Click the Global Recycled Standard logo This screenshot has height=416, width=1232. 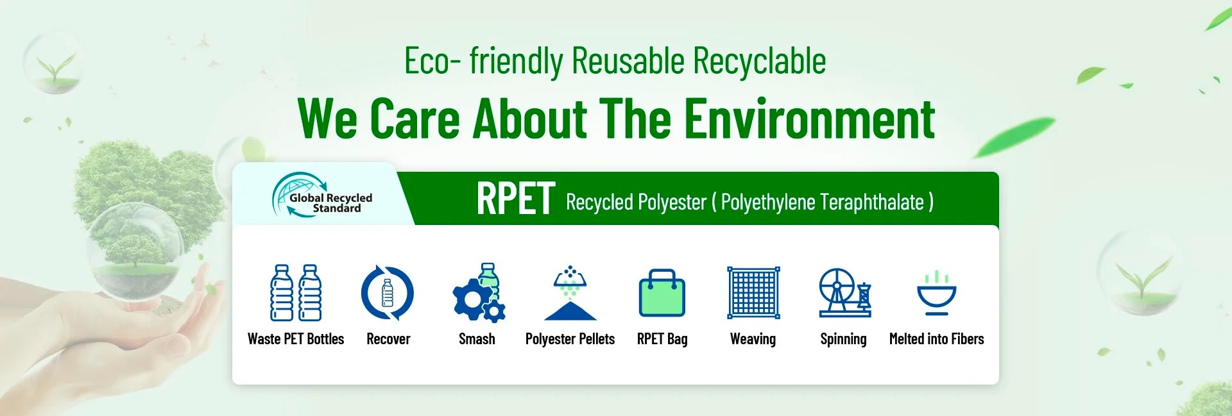pyautogui.click(x=322, y=195)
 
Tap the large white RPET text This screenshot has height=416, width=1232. pyautogui.click(x=515, y=199)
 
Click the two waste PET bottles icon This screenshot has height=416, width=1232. pyautogui.click(x=296, y=292)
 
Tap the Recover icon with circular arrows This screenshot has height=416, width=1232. pyautogui.click(x=387, y=293)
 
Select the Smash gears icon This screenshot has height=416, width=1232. pyautogui.click(x=479, y=292)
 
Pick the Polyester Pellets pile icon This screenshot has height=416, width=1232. pyautogui.click(x=570, y=293)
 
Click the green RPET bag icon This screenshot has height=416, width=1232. pyautogui.click(x=662, y=293)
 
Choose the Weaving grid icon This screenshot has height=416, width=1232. pyautogui.click(x=753, y=292)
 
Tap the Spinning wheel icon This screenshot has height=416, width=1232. pyautogui.click(x=844, y=292)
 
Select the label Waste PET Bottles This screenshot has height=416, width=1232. pyautogui.click(x=296, y=339)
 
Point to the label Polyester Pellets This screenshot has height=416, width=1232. pyautogui.click(x=570, y=339)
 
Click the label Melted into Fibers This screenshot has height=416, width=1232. pyautogui.click(x=936, y=339)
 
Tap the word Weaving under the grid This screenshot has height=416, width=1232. pyautogui.click(x=753, y=340)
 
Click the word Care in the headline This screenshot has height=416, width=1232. pyautogui.click(x=415, y=119)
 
